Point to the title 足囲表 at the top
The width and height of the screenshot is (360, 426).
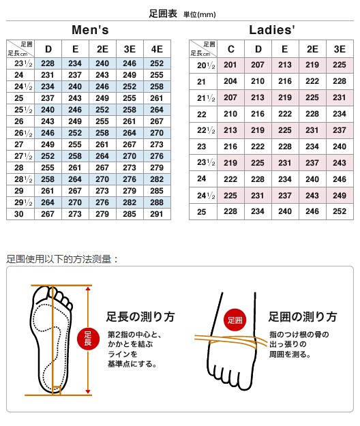tap(164, 13)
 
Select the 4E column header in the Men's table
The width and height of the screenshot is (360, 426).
tap(157, 48)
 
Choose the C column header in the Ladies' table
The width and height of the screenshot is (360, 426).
tap(230, 48)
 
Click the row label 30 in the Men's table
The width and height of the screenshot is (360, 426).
tap(19, 213)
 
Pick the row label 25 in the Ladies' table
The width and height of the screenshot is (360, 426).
tap(202, 211)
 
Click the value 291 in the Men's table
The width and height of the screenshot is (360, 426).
tap(157, 213)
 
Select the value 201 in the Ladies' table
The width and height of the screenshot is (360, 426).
tap(230, 64)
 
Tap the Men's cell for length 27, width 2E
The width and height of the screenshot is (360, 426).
tap(102, 144)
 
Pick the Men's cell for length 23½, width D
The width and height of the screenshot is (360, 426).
tap(48, 63)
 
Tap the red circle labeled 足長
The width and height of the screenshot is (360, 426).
tap(88, 339)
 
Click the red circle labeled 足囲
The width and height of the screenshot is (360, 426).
tap(235, 320)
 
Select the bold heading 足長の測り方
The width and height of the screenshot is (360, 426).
tap(140, 317)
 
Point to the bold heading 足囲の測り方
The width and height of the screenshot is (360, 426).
tap(303, 317)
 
